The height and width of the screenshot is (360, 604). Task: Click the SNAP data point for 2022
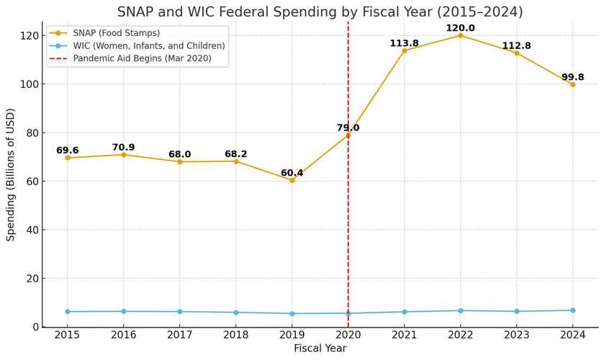460,35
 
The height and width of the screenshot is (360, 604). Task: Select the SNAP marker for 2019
292,180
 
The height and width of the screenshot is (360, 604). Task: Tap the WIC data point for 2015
68,312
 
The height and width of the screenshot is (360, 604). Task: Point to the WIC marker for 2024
572,310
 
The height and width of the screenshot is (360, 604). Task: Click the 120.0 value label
460,28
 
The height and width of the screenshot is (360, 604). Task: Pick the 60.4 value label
292,173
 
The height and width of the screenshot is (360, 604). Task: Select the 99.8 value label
572,77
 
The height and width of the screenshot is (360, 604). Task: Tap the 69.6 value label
68,150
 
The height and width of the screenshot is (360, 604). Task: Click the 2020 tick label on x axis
348,335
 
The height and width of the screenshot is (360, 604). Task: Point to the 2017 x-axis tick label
180,335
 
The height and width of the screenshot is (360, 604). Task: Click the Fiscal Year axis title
320,348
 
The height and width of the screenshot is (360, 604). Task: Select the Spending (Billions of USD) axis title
11,174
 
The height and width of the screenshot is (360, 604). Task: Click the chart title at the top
320,12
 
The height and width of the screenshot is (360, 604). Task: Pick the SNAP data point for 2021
404,50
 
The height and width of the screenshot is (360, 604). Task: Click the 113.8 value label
404,43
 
